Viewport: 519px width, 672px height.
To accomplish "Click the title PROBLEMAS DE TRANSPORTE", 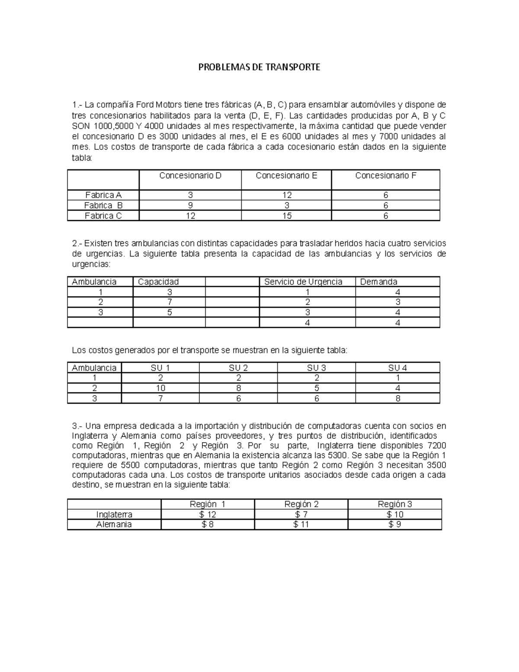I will [x=259, y=68].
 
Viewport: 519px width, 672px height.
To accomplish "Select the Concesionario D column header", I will [x=190, y=176].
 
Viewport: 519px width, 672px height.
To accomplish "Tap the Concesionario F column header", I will [x=386, y=176].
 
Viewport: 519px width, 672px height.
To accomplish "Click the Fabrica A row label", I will [x=103, y=195].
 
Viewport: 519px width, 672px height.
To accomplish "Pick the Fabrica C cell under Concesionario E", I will [x=287, y=216].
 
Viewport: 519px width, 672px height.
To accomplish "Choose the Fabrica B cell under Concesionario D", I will [x=190, y=206].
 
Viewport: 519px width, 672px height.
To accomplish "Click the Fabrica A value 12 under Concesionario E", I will [x=287, y=195].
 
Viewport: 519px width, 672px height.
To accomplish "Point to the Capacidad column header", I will [x=158, y=282].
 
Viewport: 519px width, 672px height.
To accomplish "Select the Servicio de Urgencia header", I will [x=303, y=282].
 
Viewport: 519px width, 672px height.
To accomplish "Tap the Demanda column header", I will [x=378, y=282].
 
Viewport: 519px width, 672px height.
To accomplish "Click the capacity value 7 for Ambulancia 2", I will [x=170, y=302].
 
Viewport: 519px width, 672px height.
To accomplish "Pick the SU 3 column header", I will [x=317, y=368].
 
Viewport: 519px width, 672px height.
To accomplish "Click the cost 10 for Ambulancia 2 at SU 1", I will [x=160, y=389].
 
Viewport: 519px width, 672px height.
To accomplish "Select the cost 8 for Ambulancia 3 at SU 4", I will [x=398, y=399].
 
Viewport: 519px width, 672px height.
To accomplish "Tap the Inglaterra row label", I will [x=114, y=514].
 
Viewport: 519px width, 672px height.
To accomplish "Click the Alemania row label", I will [x=114, y=524].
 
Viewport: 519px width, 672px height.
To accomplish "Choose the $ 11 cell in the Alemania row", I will [x=301, y=524].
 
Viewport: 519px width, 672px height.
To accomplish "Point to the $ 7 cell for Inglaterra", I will [x=301, y=514].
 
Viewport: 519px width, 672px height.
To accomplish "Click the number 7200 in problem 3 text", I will [x=436, y=446].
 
